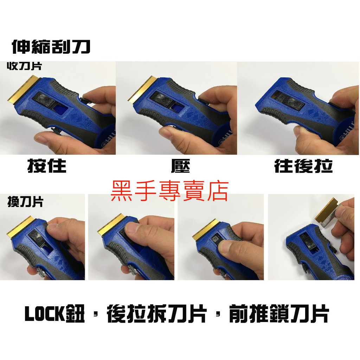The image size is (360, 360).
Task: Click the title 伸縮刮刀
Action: (x=51, y=47)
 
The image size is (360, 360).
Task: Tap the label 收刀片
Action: (x=24, y=66)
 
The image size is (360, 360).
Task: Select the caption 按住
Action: (x=47, y=166)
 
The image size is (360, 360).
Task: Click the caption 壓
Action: (x=181, y=166)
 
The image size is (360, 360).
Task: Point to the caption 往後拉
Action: (x=303, y=166)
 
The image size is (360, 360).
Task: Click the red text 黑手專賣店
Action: (x=170, y=191)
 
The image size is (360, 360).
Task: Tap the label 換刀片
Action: (x=25, y=202)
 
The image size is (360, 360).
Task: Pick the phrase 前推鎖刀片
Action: (x=279, y=314)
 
